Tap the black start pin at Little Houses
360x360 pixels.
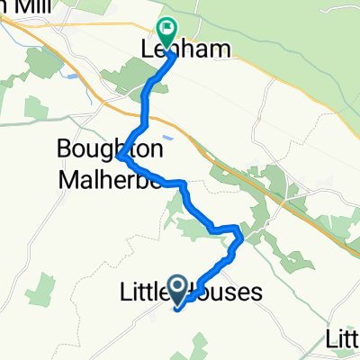coord(178,290)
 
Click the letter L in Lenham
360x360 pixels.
coord(148,49)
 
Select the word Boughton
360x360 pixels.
coord(98,146)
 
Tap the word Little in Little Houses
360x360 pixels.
coord(145,292)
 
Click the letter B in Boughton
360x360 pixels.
coord(64,146)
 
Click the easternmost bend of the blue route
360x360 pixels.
coord(243,239)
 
